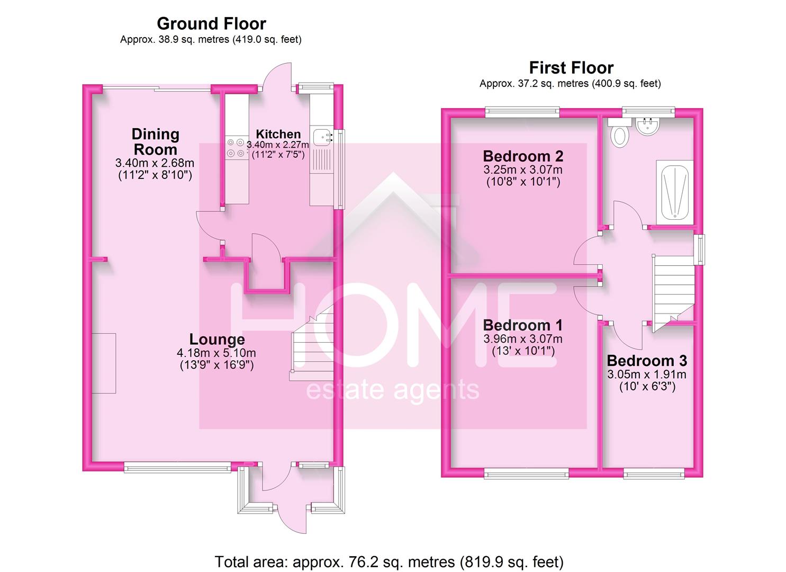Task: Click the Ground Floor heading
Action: coord(211,24)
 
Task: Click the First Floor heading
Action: coord(571,68)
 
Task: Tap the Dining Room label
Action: coord(155,141)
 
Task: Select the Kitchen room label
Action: coord(278,134)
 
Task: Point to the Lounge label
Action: coord(217,339)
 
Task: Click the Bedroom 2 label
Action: coord(523,156)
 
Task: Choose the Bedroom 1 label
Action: coord(523,325)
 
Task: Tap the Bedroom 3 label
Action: coord(647,361)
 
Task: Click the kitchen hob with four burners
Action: coord(236,148)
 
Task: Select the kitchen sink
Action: coord(321,137)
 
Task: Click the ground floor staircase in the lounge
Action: coord(311,344)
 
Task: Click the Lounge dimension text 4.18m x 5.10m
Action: coord(216,353)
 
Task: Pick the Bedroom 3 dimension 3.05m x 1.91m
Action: coord(647,374)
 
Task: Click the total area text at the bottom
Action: coord(389,561)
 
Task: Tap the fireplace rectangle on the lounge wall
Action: coord(104,363)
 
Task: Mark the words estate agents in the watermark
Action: coord(393,390)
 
